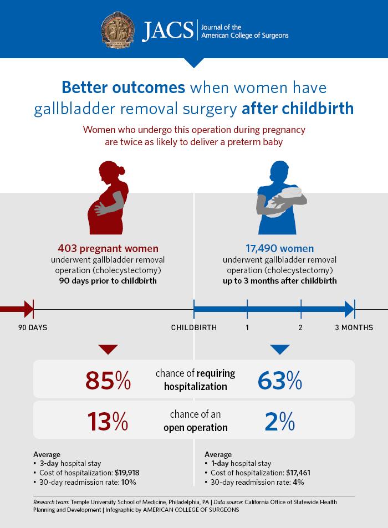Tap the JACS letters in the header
click(x=165, y=30)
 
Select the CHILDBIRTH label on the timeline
click(x=194, y=327)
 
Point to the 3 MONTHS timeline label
click(x=354, y=327)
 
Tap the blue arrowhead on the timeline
click(x=348, y=309)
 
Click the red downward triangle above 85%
click(x=108, y=349)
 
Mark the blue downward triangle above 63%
click(x=280, y=349)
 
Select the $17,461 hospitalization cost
click(x=298, y=473)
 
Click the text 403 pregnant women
click(x=108, y=249)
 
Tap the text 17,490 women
click(x=280, y=249)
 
